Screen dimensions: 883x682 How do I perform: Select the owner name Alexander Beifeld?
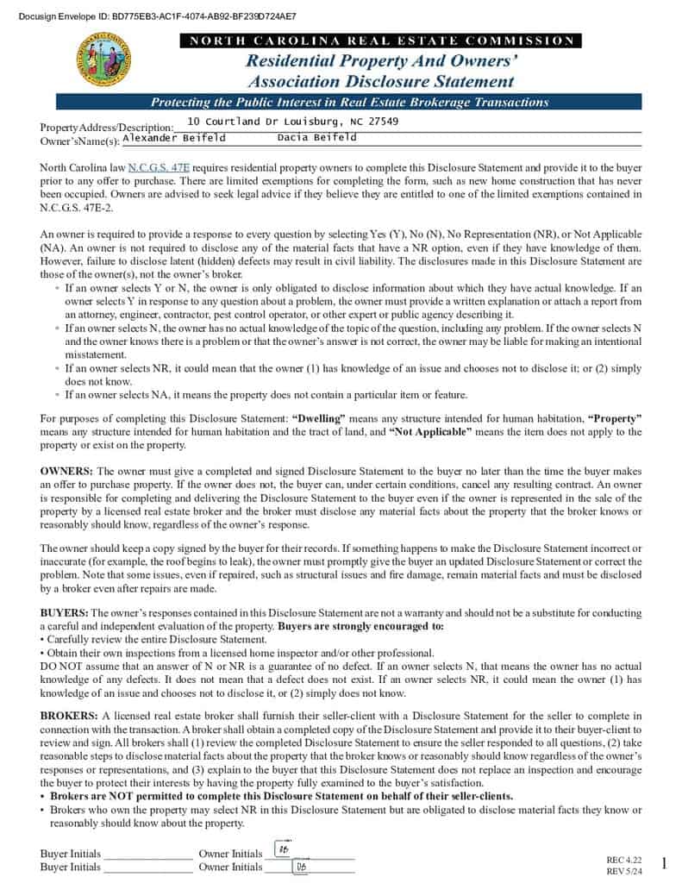(174, 137)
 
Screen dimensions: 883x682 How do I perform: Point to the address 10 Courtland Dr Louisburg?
(293, 122)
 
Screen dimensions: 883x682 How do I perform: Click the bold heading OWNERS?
(66, 472)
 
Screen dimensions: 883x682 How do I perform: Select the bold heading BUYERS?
(63, 612)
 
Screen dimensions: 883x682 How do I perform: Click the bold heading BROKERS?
(69, 717)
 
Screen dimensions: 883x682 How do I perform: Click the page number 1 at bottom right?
(664, 863)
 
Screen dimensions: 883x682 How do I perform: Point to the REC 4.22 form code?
(624, 860)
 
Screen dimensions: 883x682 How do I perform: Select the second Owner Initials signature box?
(301, 867)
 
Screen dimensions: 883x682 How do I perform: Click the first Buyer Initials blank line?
(147, 854)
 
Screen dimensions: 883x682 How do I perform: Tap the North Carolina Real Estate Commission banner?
(381, 41)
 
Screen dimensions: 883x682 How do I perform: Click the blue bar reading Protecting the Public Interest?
(349, 102)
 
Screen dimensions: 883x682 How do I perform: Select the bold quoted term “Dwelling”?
(319, 419)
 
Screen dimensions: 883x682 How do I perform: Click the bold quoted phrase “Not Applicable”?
(430, 432)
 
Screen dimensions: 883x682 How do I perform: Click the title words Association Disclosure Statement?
(380, 82)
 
